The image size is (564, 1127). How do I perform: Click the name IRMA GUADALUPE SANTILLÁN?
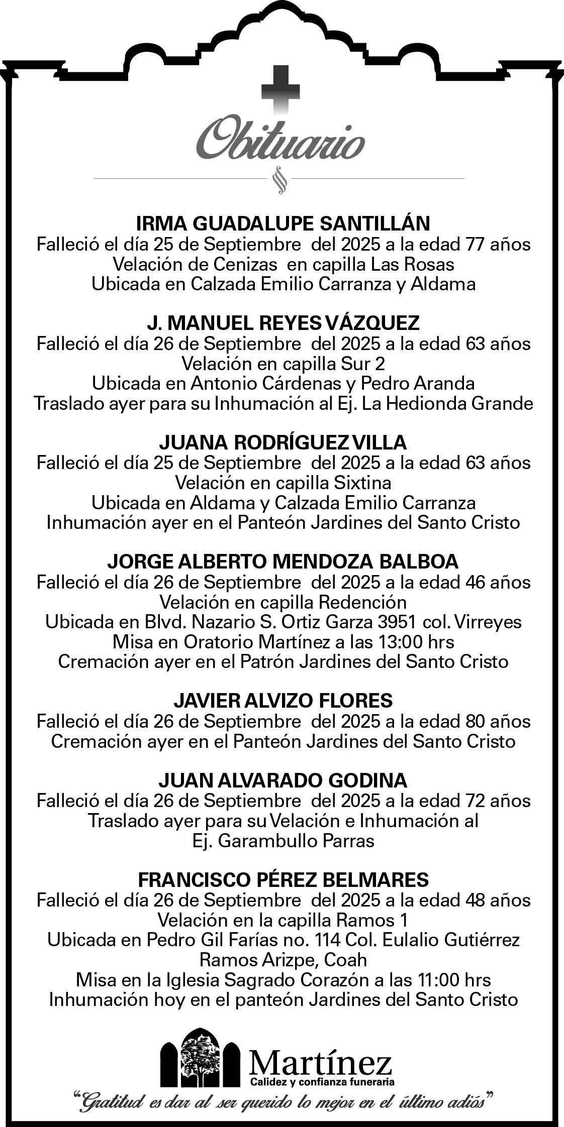(x=284, y=223)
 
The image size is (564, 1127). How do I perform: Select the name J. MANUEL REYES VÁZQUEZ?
(x=283, y=323)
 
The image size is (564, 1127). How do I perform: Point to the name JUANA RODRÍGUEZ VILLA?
(x=283, y=442)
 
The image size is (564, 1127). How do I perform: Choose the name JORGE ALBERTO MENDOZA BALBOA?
(x=283, y=561)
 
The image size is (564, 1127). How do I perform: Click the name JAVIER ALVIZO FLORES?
(x=283, y=701)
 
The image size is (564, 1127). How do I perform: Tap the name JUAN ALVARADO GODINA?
(x=283, y=780)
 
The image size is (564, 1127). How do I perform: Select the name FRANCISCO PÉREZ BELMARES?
(x=284, y=879)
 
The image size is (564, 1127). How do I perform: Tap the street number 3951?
(x=397, y=622)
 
